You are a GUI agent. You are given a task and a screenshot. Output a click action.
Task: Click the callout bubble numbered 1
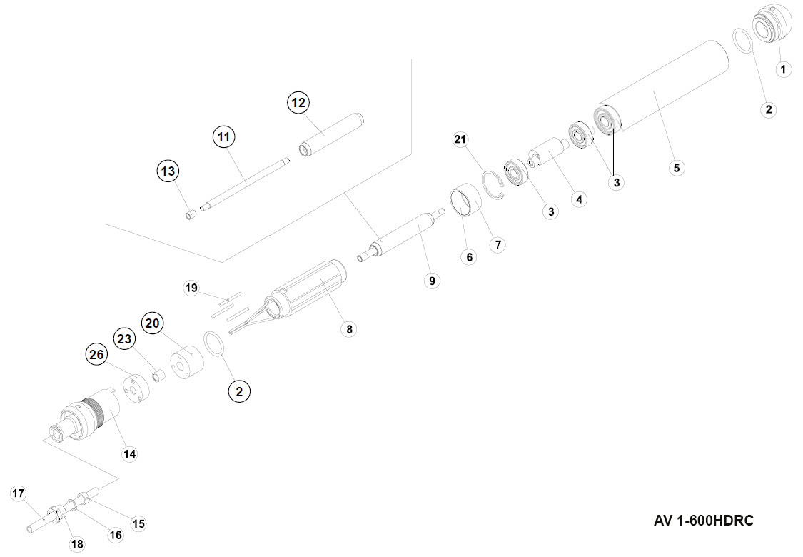tap(783, 69)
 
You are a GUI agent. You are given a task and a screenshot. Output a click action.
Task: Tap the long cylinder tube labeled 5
tap(664, 86)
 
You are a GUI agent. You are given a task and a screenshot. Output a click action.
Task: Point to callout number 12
tap(298, 103)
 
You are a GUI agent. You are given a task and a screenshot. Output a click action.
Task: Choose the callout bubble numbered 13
tap(168, 171)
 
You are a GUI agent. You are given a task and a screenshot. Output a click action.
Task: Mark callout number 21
tap(460, 140)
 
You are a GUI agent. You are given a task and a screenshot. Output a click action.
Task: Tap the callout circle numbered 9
tap(431, 281)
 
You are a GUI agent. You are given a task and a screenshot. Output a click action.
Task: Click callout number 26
tap(96, 353)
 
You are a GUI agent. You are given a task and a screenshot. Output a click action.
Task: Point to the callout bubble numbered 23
tap(125, 339)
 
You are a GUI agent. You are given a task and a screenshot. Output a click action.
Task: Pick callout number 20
tap(151, 323)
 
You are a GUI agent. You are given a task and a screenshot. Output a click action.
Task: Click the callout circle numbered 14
tap(129, 453)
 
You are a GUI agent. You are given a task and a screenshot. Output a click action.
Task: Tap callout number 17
tap(18, 493)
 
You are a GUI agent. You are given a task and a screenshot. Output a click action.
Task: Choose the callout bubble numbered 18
tap(77, 544)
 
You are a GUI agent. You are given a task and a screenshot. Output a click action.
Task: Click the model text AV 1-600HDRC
tap(703, 521)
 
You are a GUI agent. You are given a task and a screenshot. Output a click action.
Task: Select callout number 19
tap(191, 288)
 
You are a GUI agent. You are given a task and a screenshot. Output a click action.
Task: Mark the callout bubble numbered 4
tap(579, 199)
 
